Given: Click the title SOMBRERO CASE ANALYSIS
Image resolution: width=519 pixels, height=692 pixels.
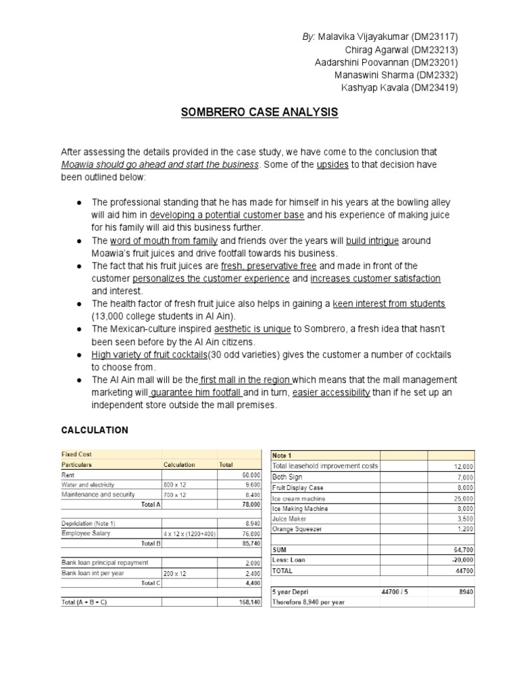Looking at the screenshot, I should click(259, 112).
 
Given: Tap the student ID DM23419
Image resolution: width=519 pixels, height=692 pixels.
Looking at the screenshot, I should click(435, 88).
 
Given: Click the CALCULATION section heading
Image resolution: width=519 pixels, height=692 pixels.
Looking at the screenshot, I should click(95, 430).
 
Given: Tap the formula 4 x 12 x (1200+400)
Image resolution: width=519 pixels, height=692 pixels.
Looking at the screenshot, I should click(189, 533).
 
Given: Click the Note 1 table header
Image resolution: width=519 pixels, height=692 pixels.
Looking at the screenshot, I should click(283, 456).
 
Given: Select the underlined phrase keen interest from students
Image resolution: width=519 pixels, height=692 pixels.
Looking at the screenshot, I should click(389, 304).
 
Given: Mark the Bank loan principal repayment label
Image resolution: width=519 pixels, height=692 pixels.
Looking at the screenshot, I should click(105, 563).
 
